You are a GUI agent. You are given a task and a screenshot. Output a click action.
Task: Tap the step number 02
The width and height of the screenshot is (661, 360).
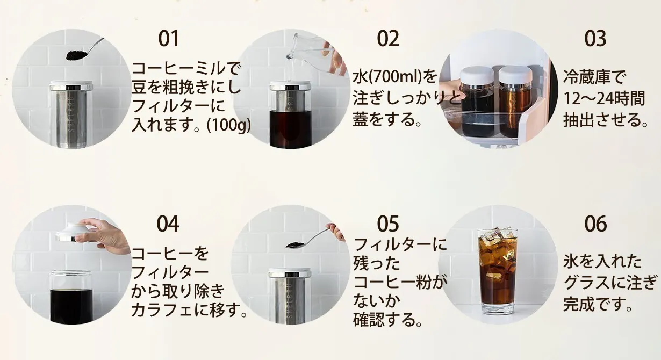coord(388,39)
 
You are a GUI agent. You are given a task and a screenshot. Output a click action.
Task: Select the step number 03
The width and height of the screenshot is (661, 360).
coord(595,39)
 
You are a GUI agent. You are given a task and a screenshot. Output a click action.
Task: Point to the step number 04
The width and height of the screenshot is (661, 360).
coord(168,224)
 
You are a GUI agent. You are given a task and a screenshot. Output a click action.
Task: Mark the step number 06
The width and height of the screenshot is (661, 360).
coord(595,224)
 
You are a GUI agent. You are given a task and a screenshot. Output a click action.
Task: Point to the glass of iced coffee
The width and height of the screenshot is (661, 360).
coord(498,271)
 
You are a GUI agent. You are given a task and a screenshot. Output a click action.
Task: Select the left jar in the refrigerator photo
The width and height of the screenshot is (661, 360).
coord(477,102)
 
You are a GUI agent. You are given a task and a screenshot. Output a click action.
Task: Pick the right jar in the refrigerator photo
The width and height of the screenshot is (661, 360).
coord(514,102)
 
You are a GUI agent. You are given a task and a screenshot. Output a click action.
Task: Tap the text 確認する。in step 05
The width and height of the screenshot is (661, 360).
coord(387,321)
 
